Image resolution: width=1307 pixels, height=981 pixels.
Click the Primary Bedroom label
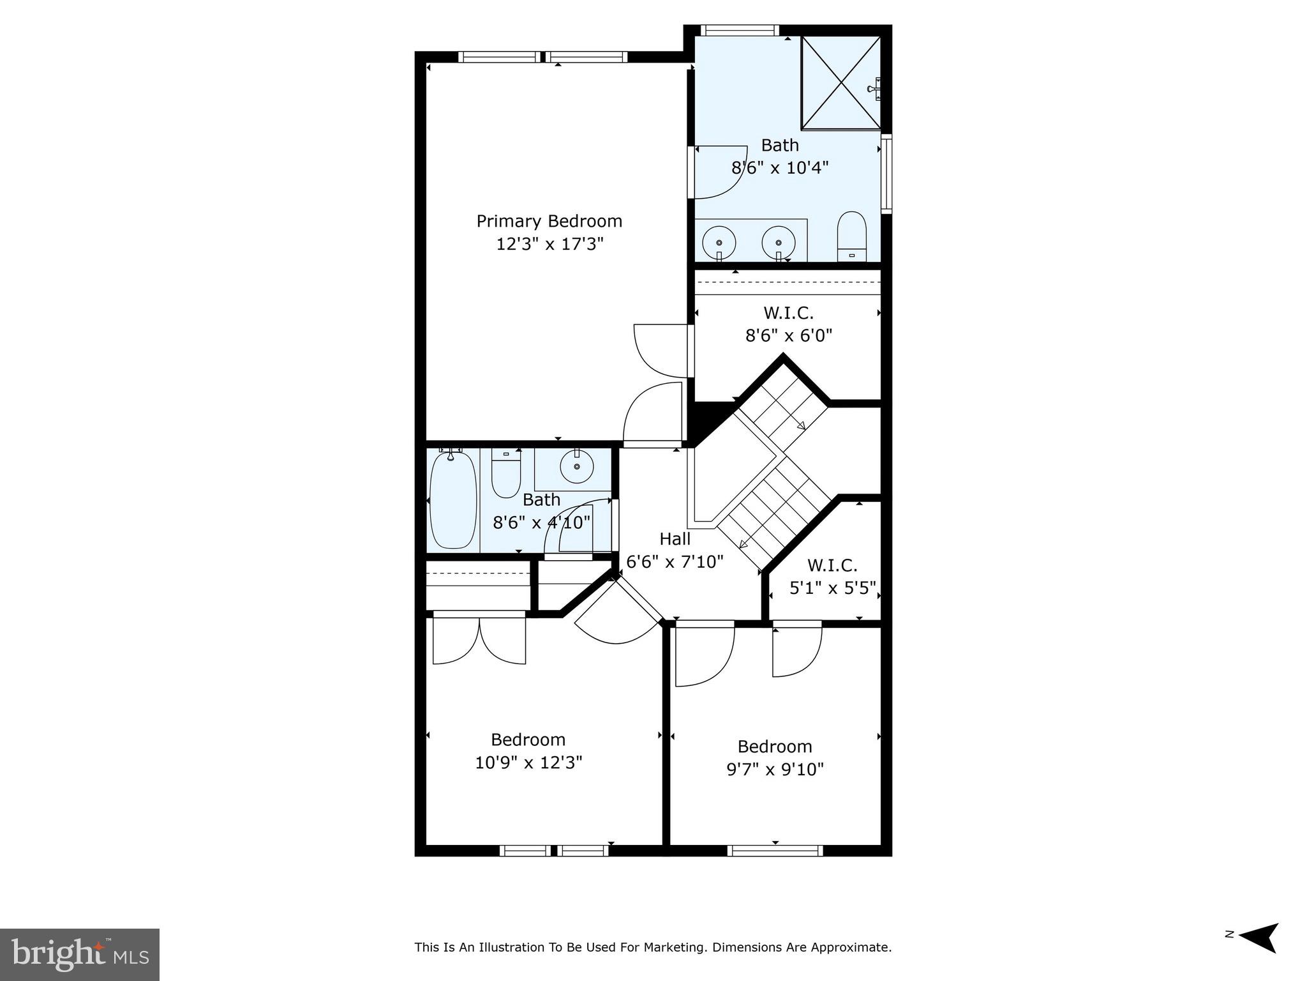[549, 221]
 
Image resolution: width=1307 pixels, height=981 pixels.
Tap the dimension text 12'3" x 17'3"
[549, 244]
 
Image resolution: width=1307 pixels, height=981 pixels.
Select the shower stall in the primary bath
[840, 82]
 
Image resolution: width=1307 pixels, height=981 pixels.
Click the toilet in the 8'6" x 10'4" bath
[851, 237]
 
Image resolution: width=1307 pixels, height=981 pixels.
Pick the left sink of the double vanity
[719, 243]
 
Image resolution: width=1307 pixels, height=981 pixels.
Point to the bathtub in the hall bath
[452, 499]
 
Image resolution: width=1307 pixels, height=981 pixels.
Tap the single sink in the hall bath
[577, 467]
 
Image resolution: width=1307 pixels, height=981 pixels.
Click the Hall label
[675, 539]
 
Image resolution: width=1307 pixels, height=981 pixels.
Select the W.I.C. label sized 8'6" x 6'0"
[788, 313]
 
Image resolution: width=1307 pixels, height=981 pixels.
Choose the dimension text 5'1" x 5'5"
[832, 588]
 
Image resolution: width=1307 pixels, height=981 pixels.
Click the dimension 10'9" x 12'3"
[528, 763]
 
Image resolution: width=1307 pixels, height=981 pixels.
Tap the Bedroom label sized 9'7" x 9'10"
[774, 746]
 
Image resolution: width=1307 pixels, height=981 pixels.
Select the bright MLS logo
[80, 954]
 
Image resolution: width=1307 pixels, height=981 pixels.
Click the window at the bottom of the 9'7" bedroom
[775, 850]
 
